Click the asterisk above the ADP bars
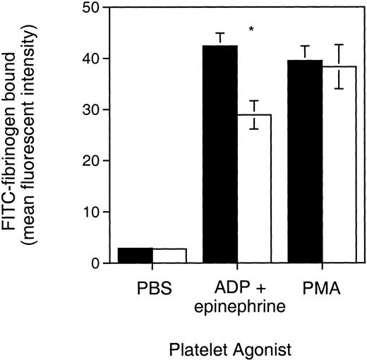click(251, 30)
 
